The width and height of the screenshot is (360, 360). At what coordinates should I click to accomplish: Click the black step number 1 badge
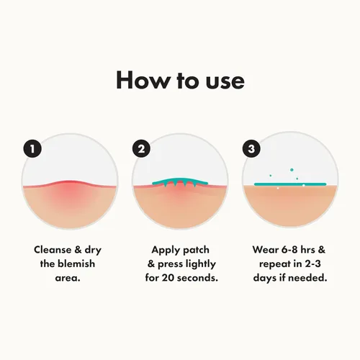pyautogui.click(x=32, y=149)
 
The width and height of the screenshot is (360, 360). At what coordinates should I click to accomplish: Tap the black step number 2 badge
pyautogui.click(x=142, y=149)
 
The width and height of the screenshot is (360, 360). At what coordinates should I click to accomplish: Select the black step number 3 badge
pyautogui.click(x=251, y=149)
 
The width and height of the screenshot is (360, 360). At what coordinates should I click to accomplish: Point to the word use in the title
pyautogui.click(x=225, y=81)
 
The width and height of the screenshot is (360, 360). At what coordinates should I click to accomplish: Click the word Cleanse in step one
pyautogui.click(x=53, y=250)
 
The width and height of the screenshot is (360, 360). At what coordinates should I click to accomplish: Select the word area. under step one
pyautogui.click(x=68, y=278)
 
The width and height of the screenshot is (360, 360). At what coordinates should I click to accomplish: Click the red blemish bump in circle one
pyautogui.click(x=70, y=189)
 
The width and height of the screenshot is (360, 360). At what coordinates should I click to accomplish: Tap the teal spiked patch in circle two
pyautogui.click(x=180, y=182)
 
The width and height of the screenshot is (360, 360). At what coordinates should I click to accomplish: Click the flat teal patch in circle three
pyautogui.click(x=290, y=184)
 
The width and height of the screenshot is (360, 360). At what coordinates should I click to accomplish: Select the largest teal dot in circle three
pyautogui.click(x=292, y=170)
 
